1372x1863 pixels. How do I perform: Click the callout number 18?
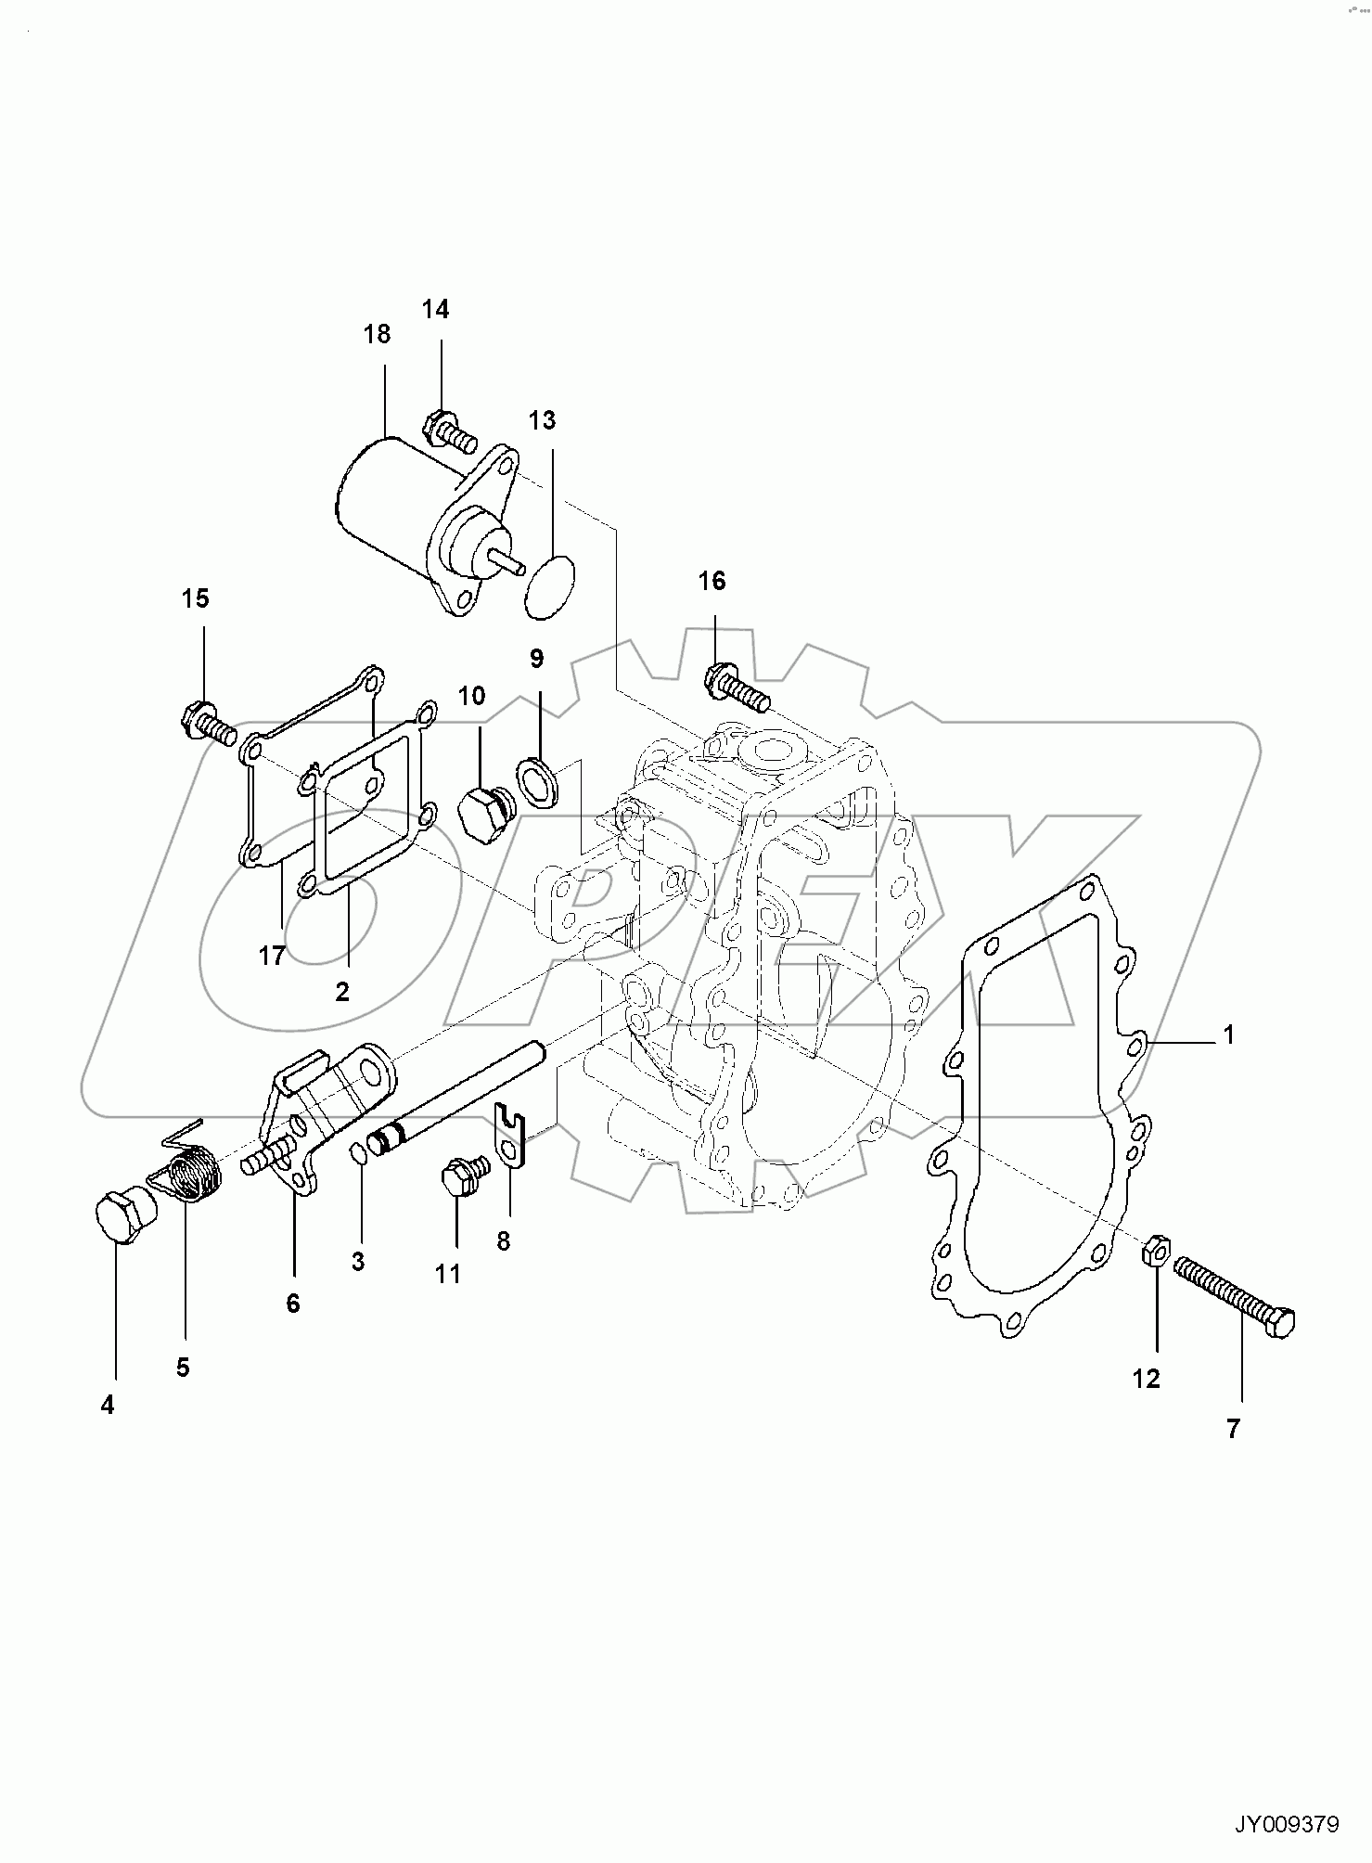click(x=377, y=334)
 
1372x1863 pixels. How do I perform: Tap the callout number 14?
click(x=435, y=310)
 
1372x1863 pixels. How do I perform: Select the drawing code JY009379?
click(x=1285, y=1824)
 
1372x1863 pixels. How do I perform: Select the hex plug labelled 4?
click(x=122, y=1219)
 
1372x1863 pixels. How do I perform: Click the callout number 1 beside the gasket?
click(x=1228, y=1034)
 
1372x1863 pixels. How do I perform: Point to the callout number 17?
click(x=271, y=956)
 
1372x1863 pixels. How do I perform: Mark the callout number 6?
click(x=293, y=1304)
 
